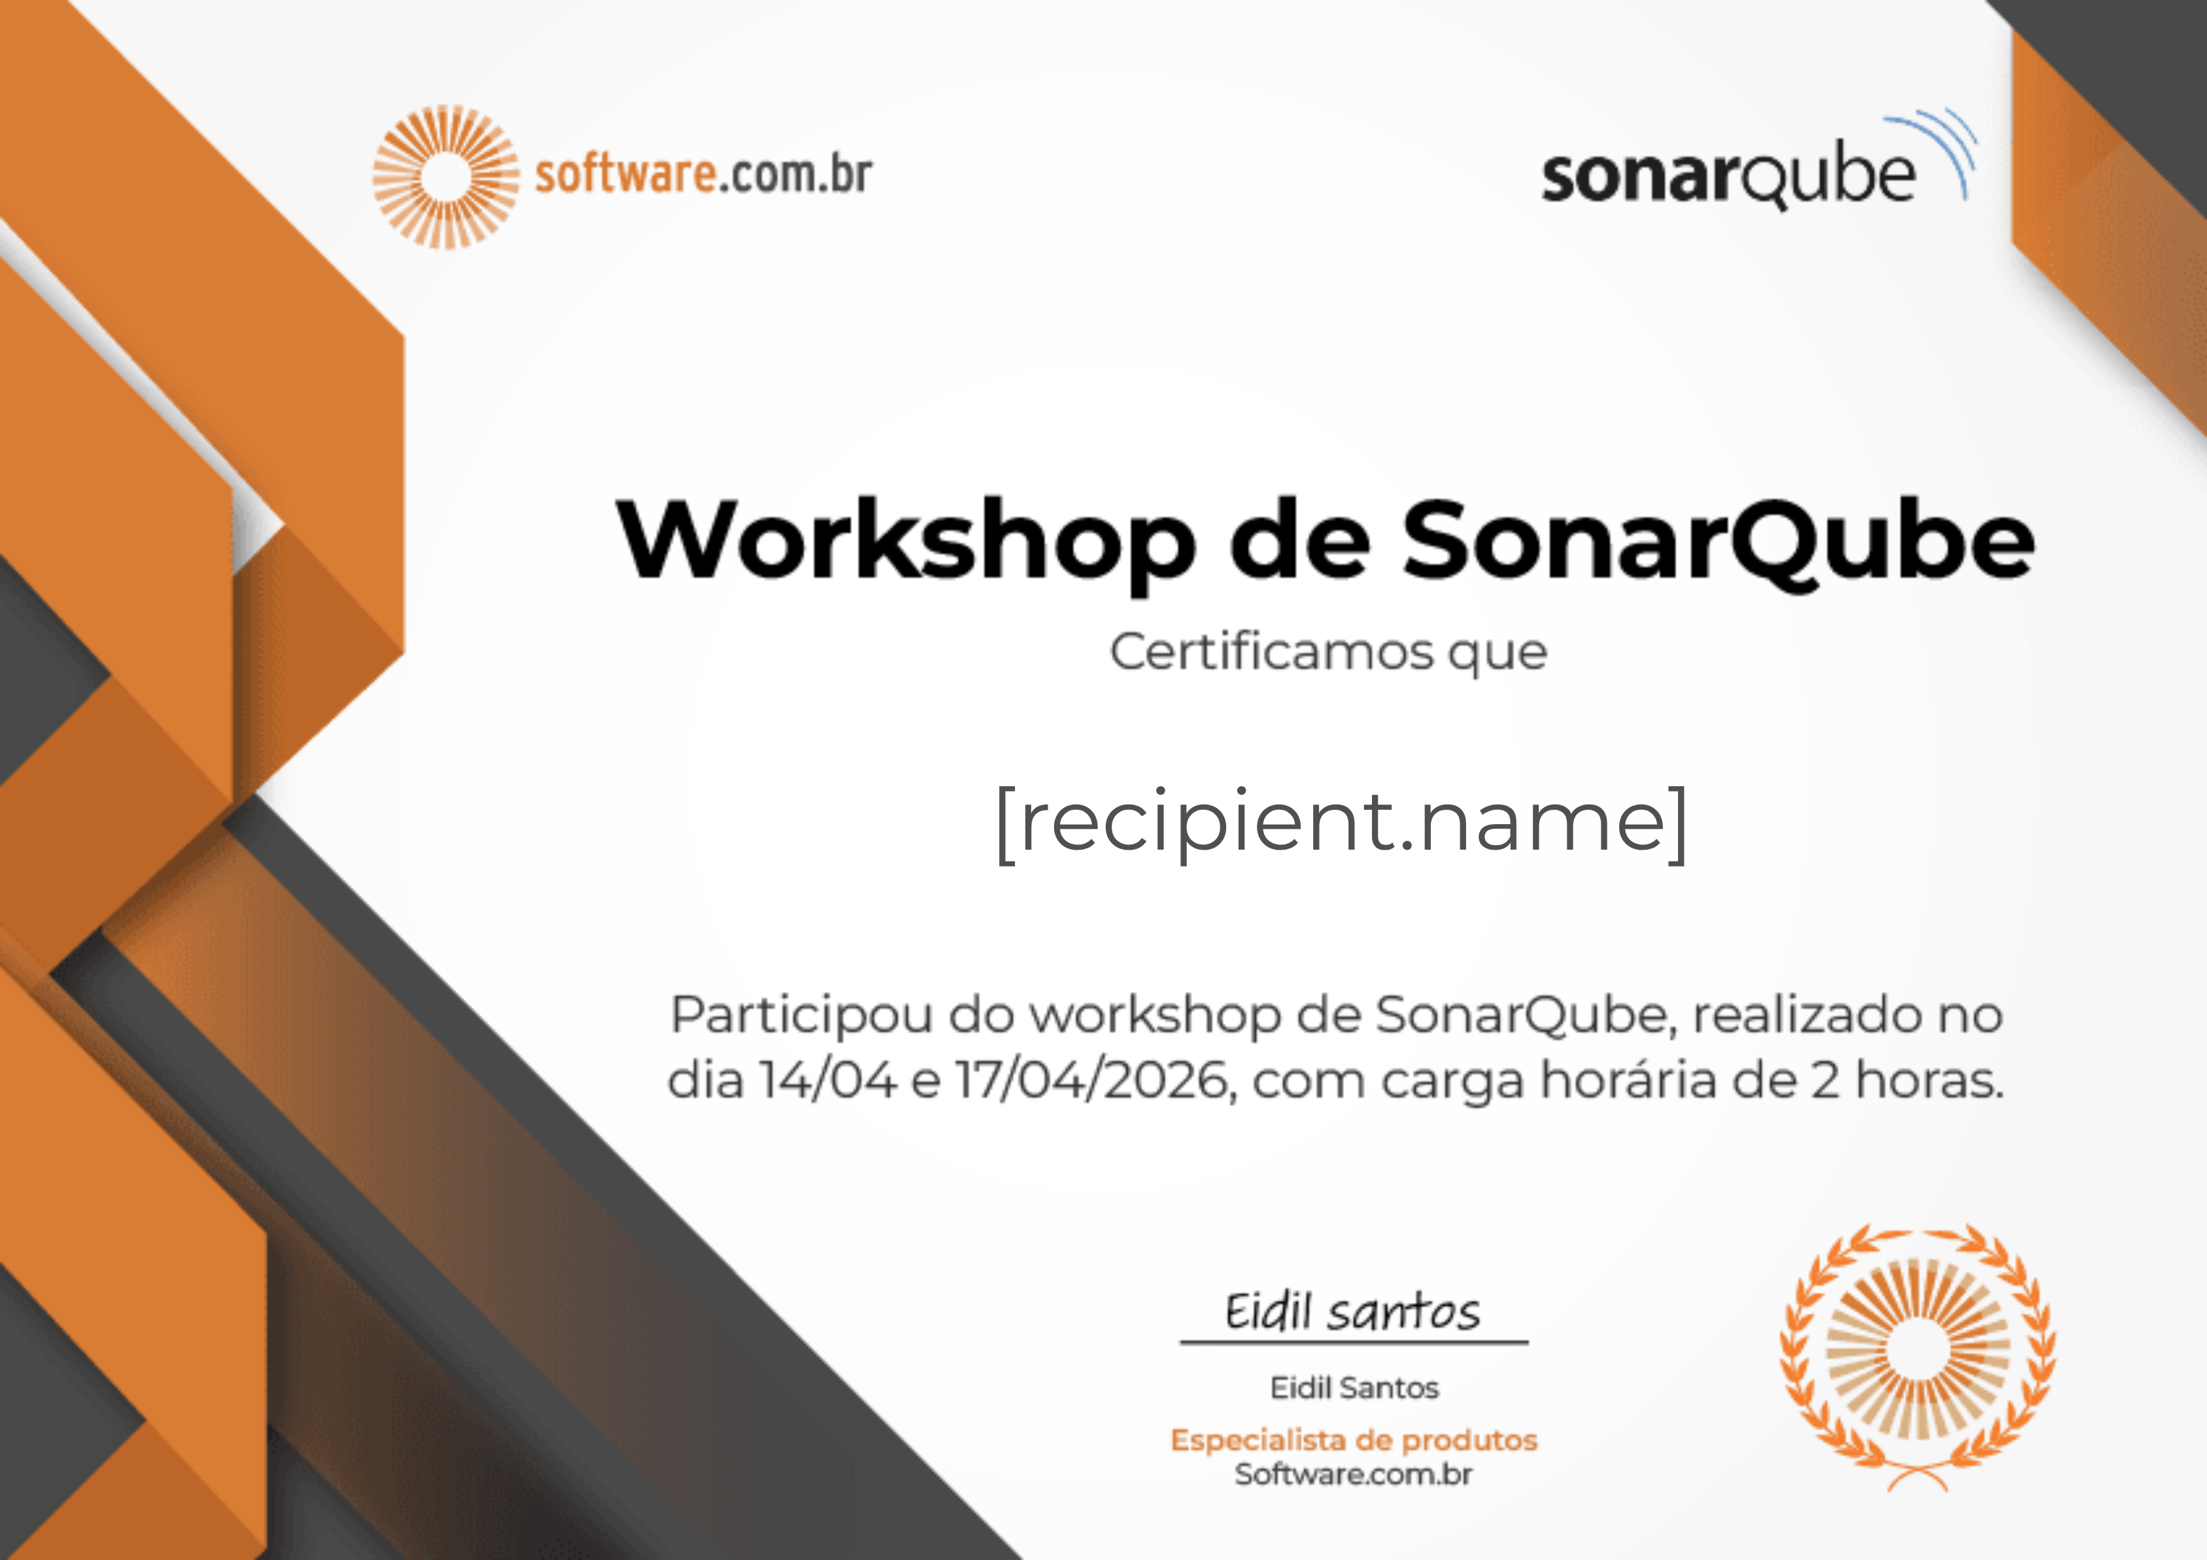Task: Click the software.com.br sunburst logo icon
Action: tap(446, 177)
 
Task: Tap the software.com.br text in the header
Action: tap(703, 175)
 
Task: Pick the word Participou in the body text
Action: tap(802, 1016)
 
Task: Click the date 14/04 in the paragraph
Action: tap(828, 1081)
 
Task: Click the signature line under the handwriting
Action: tap(1354, 1342)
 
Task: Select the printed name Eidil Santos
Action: tap(1354, 1388)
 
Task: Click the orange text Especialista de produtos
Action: tap(1354, 1440)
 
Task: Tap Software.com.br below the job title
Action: tap(1354, 1474)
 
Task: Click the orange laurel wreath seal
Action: tap(1918, 1356)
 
